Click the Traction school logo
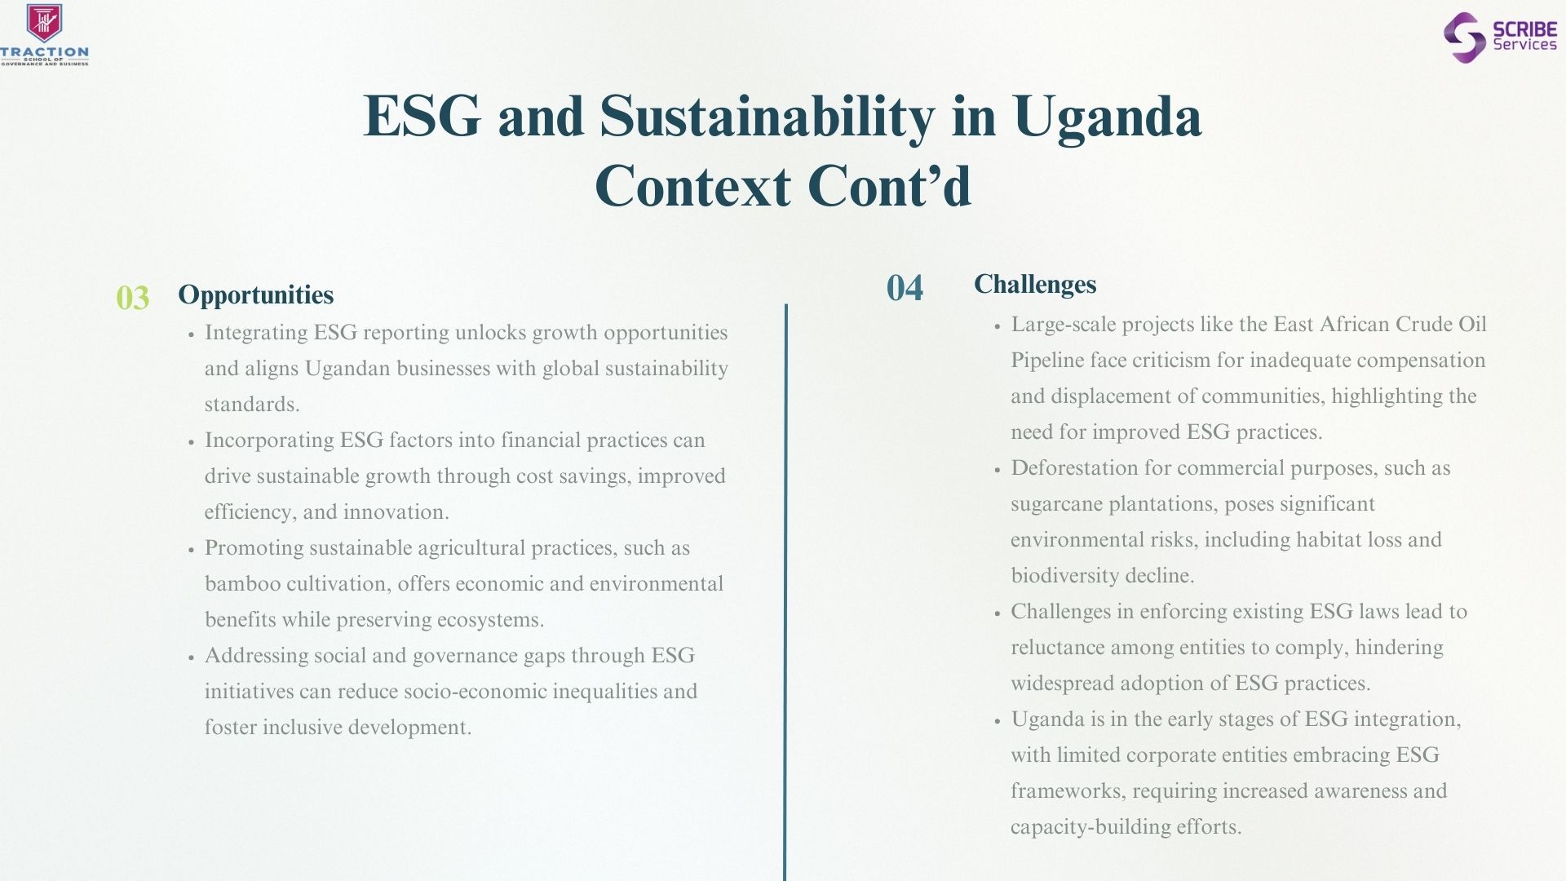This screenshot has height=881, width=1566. coord(44,34)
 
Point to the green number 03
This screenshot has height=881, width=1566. coord(132,298)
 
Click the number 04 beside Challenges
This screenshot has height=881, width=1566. coord(905,288)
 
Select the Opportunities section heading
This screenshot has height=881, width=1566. coord(256,294)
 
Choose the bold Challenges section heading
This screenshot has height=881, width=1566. coord(1035,284)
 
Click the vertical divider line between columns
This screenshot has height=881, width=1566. coord(785,592)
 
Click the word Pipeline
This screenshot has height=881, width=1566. coord(1047,361)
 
